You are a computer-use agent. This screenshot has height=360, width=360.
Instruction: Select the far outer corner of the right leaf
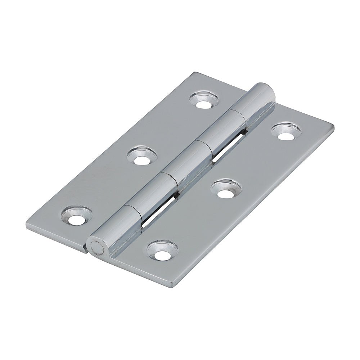333,126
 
